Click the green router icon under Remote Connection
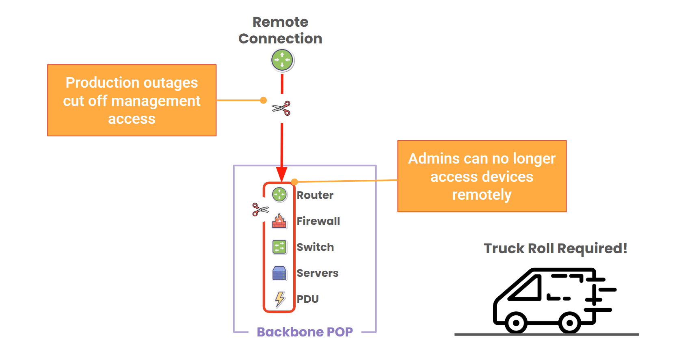click(282, 60)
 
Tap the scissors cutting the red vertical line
click(281, 108)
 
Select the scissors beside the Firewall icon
click(260, 209)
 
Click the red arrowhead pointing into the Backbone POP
click(282, 174)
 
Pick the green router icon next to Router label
click(279, 195)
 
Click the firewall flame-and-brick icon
click(279, 221)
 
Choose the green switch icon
click(279, 247)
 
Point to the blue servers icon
click(279, 273)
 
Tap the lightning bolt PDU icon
click(279, 299)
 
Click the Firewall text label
click(318, 221)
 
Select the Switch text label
click(315, 247)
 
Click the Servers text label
click(317, 273)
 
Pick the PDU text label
click(307, 299)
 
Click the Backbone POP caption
click(305, 332)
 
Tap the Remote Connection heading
click(280, 30)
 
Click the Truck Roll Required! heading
click(555, 248)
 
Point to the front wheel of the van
click(516, 323)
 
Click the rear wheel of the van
click(569, 323)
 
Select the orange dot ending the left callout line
click(264, 100)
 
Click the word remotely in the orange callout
click(482, 195)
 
